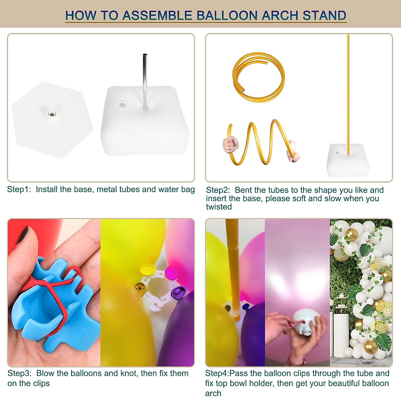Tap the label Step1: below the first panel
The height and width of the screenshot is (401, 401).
[19, 189]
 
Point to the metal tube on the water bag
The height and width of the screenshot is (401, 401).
[145, 80]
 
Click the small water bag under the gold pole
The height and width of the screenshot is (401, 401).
[349, 161]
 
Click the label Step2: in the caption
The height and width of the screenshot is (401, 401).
[218, 190]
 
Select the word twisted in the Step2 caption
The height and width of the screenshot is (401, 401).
[219, 207]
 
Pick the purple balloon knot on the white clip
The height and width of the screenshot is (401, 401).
[176, 293]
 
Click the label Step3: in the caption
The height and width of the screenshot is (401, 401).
[20, 373]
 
